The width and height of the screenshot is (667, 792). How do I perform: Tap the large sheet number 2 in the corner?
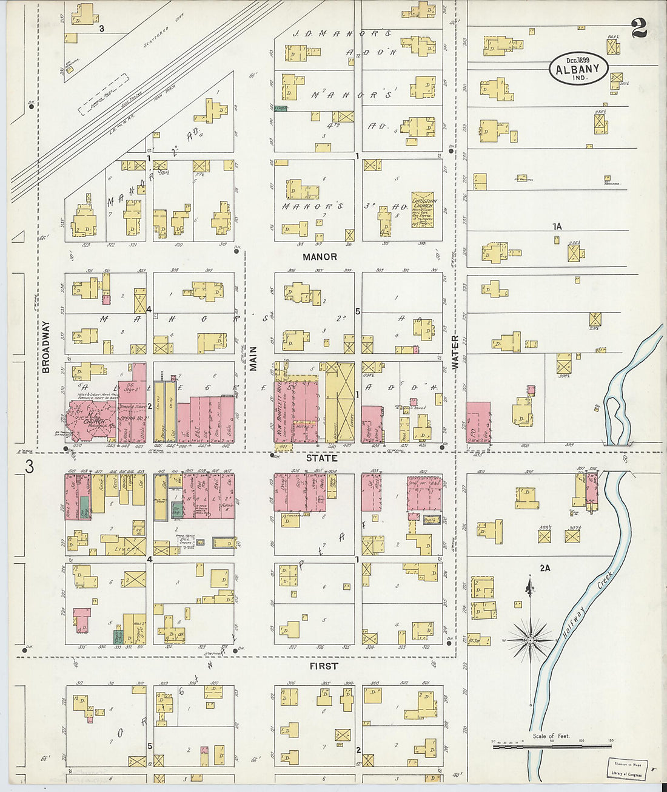(639, 28)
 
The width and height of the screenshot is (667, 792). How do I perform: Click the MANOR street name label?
(320, 257)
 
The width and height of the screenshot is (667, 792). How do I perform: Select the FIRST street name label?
(323, 666)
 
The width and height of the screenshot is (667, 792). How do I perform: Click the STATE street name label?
(321, 458)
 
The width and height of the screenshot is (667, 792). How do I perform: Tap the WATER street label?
(455, 353)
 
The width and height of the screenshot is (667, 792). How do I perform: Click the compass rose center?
(531, 640)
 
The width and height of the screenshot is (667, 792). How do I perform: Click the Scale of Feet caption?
(551, 736)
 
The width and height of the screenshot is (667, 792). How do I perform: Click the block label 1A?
(557, 226)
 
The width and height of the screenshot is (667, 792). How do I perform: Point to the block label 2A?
(545, 568)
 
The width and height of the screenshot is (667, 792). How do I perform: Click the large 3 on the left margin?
(28, 467)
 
